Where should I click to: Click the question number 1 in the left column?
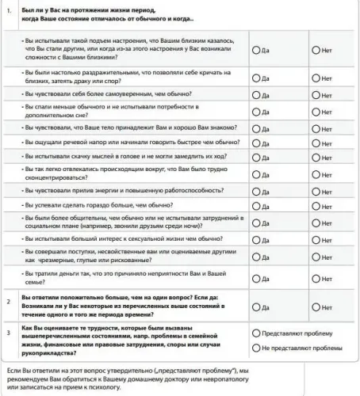tap(7, 9)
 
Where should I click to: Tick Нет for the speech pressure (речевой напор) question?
tap(316, 143)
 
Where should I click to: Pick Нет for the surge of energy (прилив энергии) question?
tap(316, 192)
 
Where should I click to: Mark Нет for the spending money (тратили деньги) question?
tap(316, 279)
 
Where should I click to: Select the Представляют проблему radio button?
tap(255, 333)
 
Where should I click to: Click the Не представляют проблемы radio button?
tap(255, 348)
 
